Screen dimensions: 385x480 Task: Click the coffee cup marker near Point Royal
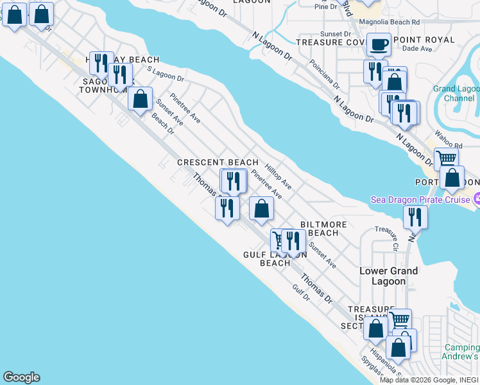(x=379, y=44)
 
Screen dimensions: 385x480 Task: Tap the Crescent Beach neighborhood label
(x=218, y=163)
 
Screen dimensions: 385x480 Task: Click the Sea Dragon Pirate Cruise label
(x=421, y=200)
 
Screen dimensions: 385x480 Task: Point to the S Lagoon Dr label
(x=166, y=74)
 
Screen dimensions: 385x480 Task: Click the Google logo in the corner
(x=21, y=377)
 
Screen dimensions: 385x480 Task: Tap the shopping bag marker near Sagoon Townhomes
(x=140, y=100)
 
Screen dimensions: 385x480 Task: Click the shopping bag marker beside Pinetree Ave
(x=261, y=209)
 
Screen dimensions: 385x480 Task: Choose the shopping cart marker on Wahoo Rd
(x=446, y=158)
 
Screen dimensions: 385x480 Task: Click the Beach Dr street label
(x=163, y=123)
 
